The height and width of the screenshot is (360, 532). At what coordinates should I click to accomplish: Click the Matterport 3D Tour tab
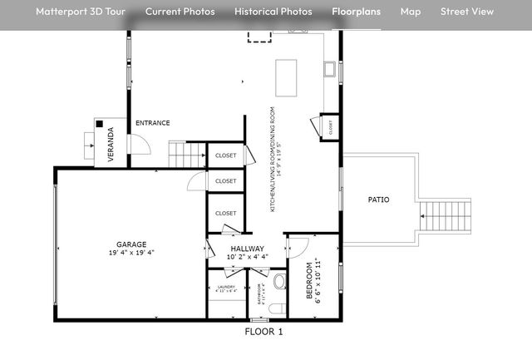81,12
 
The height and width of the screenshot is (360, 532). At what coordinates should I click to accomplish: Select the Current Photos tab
180,12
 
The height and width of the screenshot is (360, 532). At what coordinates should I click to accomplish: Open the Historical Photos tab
273,12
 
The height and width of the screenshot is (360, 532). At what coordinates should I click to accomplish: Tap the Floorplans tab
357,12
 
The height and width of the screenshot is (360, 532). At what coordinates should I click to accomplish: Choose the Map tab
411,12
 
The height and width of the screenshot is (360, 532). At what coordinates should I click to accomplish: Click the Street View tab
467,12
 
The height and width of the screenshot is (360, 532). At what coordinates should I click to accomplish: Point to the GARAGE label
131,244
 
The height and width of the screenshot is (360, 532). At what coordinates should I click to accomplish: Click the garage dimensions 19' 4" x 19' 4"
131,253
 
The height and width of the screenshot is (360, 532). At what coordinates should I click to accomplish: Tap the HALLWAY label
248,249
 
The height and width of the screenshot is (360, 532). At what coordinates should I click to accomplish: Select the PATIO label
379,200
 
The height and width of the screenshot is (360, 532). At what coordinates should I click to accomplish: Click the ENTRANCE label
153,123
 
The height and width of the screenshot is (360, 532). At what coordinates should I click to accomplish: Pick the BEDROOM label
309,281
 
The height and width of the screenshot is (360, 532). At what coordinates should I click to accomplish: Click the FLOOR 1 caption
264,332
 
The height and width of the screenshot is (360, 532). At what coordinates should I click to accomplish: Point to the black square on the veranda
99,124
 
